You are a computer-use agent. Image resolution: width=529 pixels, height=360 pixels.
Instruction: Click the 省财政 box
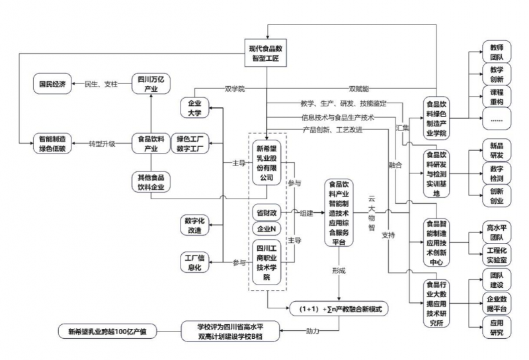267,214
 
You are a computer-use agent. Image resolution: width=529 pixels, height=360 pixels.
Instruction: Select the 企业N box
267,229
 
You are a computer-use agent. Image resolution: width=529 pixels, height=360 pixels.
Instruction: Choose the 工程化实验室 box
496,254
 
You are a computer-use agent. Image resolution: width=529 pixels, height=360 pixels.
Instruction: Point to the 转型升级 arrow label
103,144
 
